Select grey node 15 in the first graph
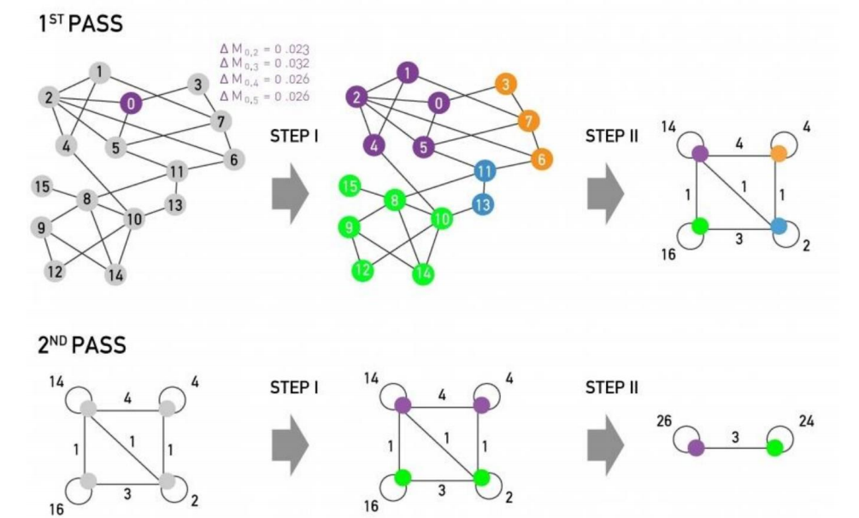click(x=40, y=185)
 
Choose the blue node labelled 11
click(x=485, y=170)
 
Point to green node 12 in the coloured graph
click(x=362, y=271)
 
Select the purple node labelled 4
click(x=373, y=144)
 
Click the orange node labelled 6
click(x=538, y=159)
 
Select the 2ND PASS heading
click(x=81, y=346)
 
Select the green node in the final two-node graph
click(x=774, y=447)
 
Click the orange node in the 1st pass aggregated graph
click(x=778, y=154)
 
